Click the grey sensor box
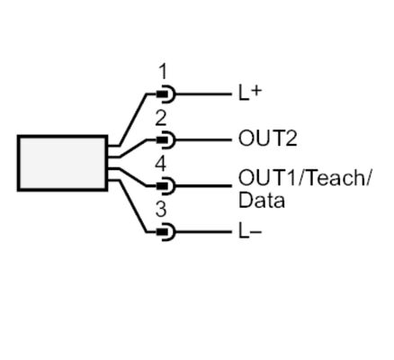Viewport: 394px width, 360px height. (62, 163)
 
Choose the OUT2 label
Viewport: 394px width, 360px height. (267, 139)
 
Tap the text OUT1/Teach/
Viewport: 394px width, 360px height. (304, 177)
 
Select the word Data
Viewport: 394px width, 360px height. (262, 200)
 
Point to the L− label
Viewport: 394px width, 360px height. (250, 232)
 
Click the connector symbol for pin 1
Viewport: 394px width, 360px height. (166, 94)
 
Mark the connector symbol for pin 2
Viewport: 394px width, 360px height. (166, 139)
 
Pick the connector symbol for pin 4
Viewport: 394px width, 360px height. (166, 185)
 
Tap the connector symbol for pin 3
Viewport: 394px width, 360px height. (166, 232)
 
